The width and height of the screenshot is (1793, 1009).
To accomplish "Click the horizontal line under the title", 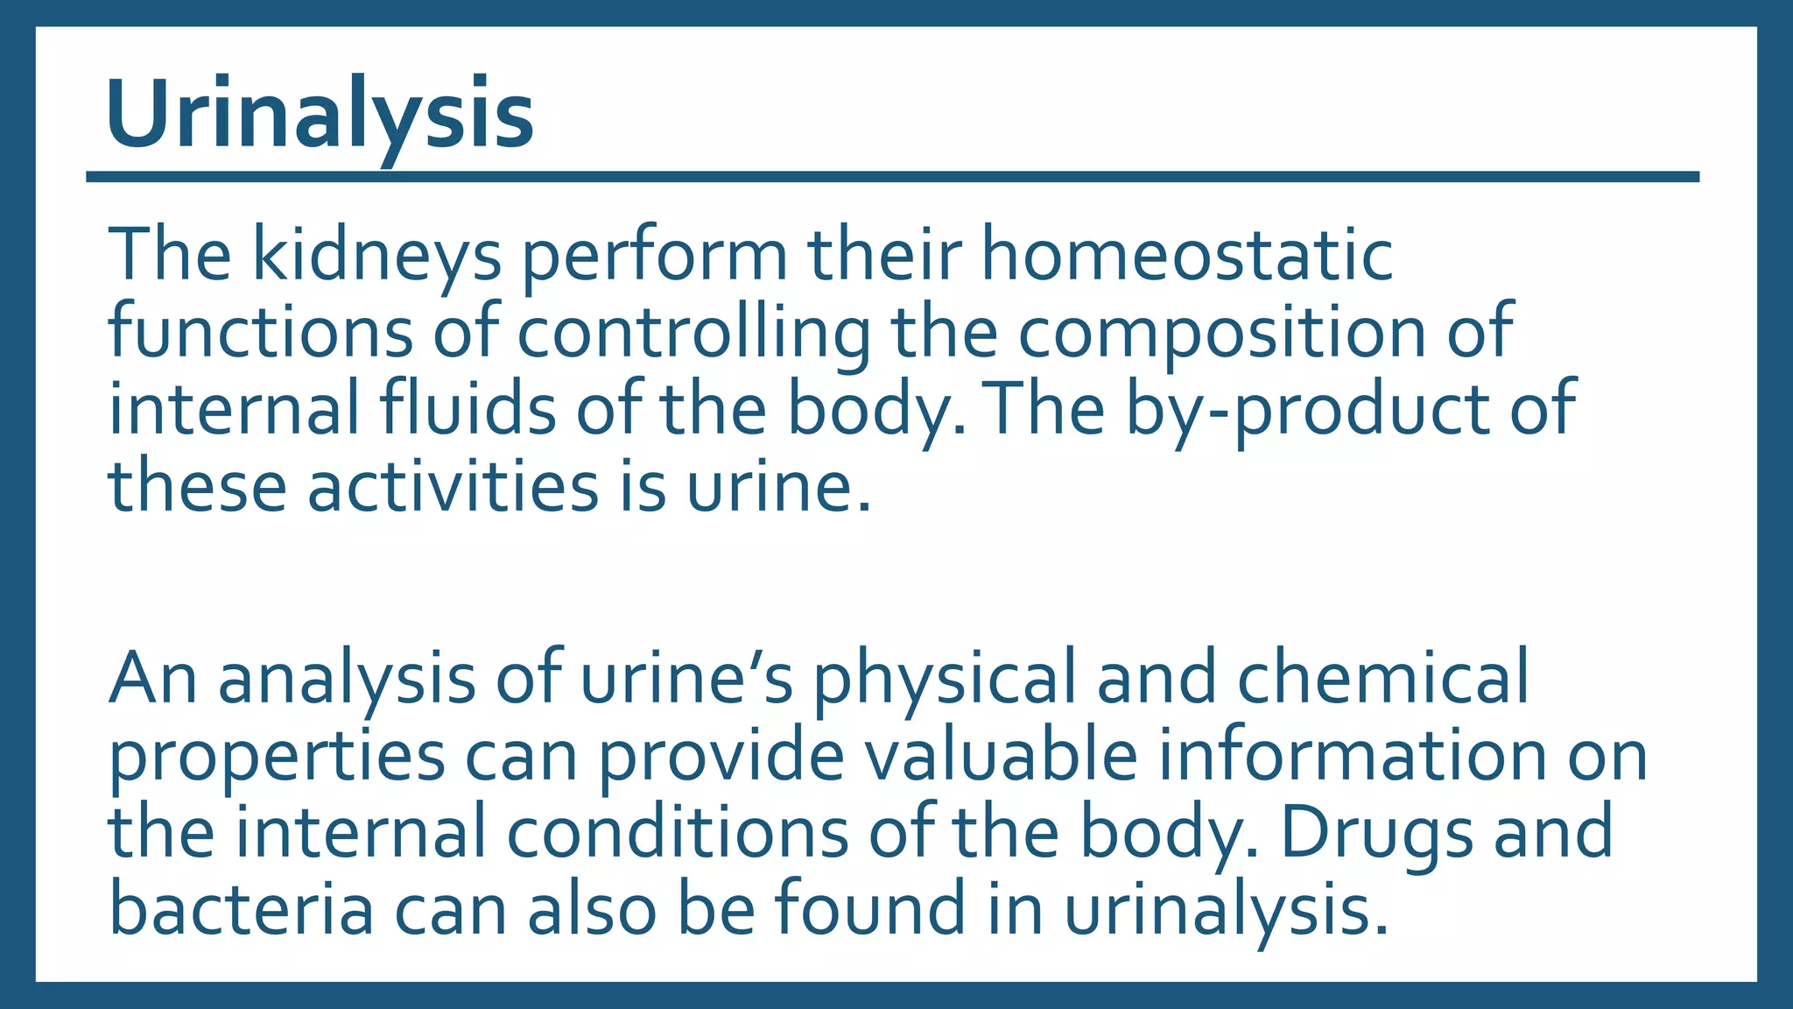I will pyautogui.click(x=892, y=177).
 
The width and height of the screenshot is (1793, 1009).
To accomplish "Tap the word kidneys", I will pyautogui.click(x=377, y=256).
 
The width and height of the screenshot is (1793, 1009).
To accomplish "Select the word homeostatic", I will pyautogui.click(x=1186, y=256).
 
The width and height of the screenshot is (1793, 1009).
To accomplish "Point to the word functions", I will pyautogui.click(x=260, y=333).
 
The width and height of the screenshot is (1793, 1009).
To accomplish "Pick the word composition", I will pyautogui.click(x=1221, y=335).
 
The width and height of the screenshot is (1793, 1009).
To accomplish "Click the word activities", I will pyautogui.click(x=453, y=486).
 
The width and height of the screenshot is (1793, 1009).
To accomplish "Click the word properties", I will pyautogui.click(x=277, y=756).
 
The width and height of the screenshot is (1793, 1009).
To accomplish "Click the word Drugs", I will pyautogui.click(x=1377, y=832).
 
